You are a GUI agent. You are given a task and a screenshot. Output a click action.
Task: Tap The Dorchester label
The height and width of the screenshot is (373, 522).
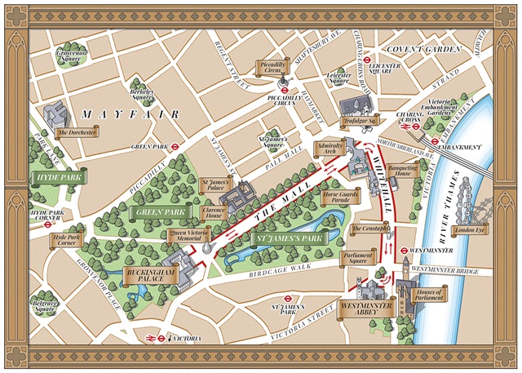77,133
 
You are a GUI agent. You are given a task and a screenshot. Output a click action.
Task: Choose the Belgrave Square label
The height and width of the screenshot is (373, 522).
45,308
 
